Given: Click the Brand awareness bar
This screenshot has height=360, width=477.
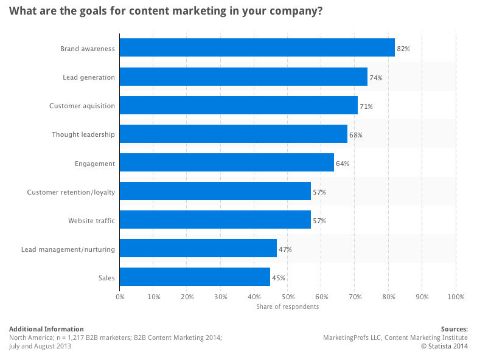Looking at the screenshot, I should tap(257, 48).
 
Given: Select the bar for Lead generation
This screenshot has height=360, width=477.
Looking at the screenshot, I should tap(243, 77).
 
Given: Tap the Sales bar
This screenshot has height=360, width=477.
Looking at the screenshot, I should tap(195, 277).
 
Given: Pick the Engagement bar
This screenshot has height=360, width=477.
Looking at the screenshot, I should tap(226, 163).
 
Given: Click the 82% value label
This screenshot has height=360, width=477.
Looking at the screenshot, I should tap(403, 49).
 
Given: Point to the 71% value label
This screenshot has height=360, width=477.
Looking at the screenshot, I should tap(366, 106).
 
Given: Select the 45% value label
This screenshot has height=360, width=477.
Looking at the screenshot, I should tap(279, 278).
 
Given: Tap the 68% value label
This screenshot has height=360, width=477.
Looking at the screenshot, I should tap(356, 135).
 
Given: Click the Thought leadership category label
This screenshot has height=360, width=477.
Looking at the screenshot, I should tap(83, 134).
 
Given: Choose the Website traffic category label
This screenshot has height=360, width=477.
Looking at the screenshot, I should tap(91, 221).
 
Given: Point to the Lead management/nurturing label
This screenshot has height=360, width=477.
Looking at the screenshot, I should tap(68, 249).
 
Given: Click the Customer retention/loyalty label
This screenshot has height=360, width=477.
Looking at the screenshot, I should tap(71, 192).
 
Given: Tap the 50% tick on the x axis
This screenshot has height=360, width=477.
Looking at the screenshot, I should tap(288, 297).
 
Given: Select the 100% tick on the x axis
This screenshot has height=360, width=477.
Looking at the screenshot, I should tap(455, 297).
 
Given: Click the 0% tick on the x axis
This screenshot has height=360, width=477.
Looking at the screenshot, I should tap(120, 297).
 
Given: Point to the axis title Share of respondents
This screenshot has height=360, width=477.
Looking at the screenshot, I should tap(287, 306).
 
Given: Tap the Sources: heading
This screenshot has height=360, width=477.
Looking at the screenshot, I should tap(454, 329).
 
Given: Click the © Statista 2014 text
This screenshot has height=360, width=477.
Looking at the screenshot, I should tap(444, 346).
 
